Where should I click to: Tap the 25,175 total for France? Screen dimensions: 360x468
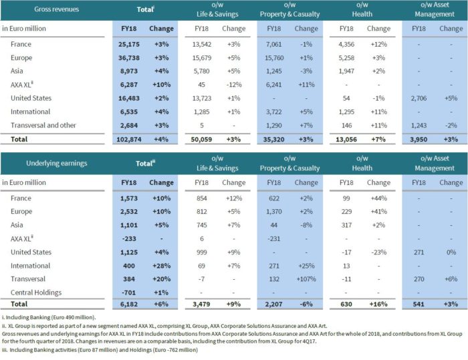[x=132, y=44]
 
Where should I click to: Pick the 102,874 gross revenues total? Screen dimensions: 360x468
[x=130, y=138]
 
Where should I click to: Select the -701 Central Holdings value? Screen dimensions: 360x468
[x=135, y=292]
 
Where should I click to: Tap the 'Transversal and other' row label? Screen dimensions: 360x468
[x=43, y=125]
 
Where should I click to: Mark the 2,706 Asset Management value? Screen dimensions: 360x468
[x=419, y=98]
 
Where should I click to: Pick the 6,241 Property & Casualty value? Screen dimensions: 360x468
[x=274, y=85]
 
